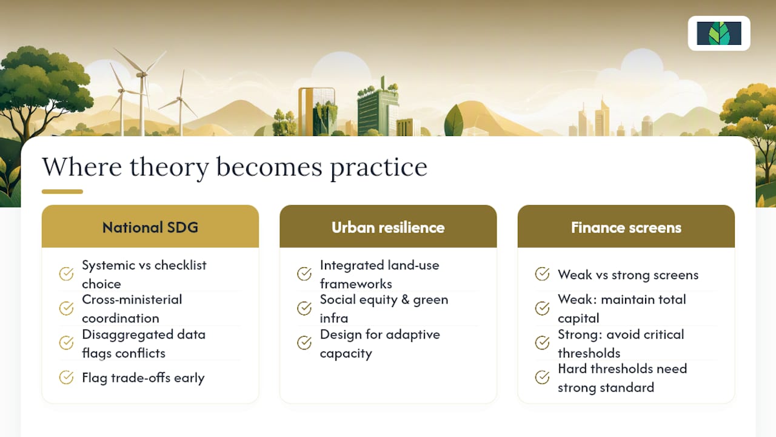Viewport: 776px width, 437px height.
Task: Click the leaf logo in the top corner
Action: click(719, 33)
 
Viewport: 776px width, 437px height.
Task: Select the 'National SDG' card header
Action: click(150, 226)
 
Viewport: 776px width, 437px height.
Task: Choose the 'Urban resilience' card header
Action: click(388, 226)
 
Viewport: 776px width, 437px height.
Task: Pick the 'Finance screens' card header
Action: click(626, 226)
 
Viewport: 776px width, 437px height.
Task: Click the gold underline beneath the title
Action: click(62, 191)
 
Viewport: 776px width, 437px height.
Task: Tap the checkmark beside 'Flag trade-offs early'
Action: click(66, 378)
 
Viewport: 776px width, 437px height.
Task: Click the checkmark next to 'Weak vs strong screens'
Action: click(542, 274)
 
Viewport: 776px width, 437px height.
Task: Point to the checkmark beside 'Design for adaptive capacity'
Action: click(304, 343)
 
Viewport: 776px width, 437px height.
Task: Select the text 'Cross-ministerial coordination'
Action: click(132, 309)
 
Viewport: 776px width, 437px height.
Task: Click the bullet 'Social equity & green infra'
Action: click(384, 309)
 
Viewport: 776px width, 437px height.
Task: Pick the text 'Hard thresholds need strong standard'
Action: click(622, 378)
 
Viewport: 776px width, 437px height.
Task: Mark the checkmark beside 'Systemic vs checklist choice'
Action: click(66, 274)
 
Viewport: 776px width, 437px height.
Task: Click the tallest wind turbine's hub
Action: click(141, 75)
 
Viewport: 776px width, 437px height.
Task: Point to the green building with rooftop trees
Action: click(377, 107)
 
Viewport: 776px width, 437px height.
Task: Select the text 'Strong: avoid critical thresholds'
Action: click(621, 344)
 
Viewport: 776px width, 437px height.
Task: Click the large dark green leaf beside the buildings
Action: click(453, 120)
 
